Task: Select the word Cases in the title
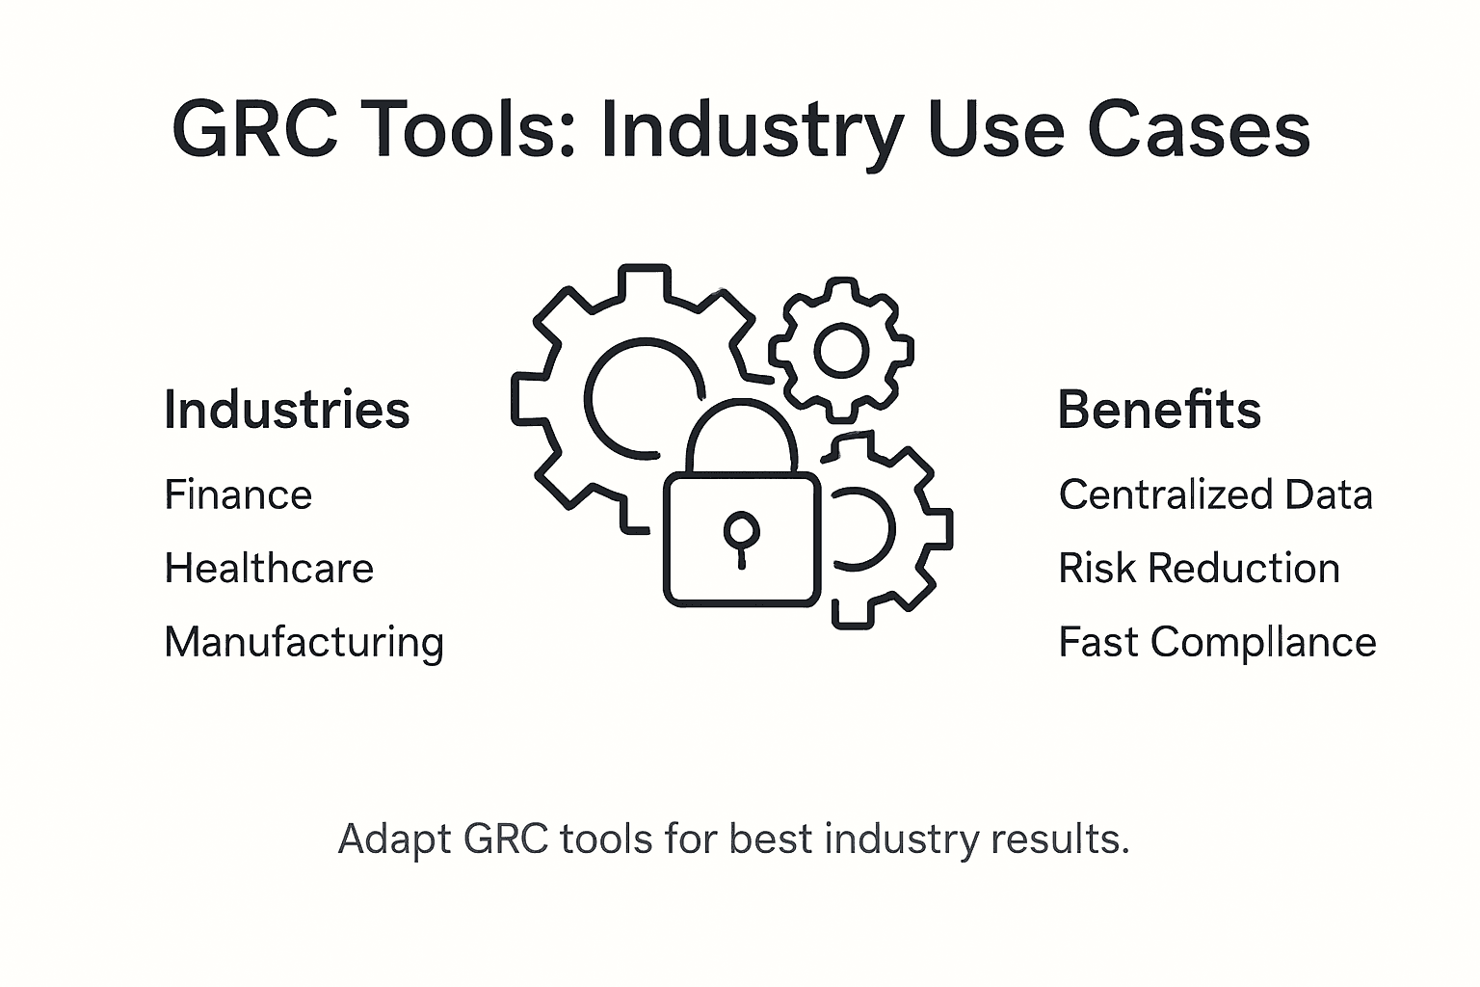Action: click(x=1199, y=130)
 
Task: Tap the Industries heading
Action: click(x=287, y=410)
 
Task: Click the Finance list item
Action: click(x=238, y=495)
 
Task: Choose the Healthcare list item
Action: click(x=269, y=569)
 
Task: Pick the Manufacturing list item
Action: click(x=304, y=643)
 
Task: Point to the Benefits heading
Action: click(x=1159, y=410)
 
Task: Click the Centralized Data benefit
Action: click(x=1215, y=495)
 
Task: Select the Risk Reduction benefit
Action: click(x=1199, y=569)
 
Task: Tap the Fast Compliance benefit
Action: click(x=1217, y=643)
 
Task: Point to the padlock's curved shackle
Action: click(x=741, y=424)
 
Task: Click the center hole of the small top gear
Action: click(x=841, y=350)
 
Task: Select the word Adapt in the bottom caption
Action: click(x=395, y=840)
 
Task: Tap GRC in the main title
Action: click(x=255, y=130)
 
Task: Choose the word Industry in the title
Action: click(x=753, y=132)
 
